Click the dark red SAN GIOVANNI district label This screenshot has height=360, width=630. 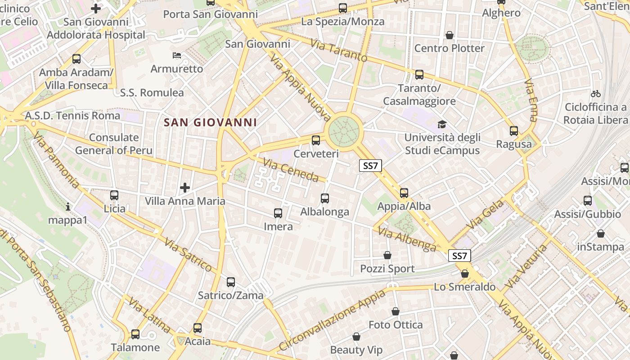[x=210, y=122]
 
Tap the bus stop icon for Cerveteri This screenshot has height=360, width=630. [x=316, y=140]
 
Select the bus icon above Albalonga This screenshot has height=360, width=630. [x=324, y=198]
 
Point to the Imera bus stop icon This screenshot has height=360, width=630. [x=278, y=213]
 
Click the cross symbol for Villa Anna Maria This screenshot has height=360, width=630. [x=184, y=187]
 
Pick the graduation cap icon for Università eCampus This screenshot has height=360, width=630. [x=442, y=124]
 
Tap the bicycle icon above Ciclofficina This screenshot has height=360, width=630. [x=596, y=94]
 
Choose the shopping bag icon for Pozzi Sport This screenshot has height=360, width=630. [x=387, y=256]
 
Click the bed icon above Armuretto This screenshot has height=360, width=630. [x=177, y=55]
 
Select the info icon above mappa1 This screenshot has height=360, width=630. [x=68, y=207]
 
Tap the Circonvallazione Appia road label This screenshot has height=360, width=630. [x=332, y=320]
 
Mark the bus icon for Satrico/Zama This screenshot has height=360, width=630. [x=231, y=282]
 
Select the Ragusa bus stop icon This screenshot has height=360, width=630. [x=514, y=131]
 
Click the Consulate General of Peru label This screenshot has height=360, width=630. [x=114, y=144]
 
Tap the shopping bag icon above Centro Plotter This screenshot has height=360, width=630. [x=449, y=35]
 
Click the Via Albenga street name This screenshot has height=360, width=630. [x=407, y=239]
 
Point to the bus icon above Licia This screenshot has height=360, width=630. [x=114, y=195]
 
